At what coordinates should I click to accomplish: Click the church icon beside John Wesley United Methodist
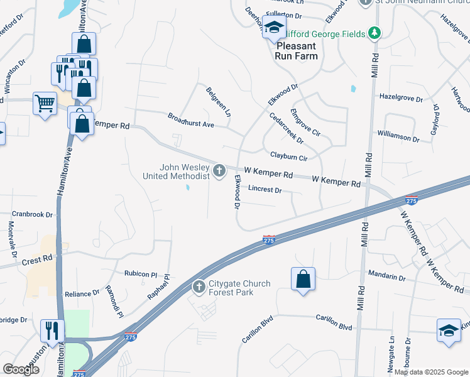coord(219,170)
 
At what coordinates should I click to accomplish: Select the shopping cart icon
coord(44,102)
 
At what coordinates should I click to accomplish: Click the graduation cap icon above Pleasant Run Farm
coord(274,28)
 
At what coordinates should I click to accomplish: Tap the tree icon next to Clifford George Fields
coord(374,33)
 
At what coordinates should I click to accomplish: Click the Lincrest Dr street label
coord(265,188)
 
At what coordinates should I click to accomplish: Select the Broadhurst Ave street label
coord(191,120)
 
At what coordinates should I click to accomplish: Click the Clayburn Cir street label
coord(288,156)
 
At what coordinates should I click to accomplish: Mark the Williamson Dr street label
coord(398,136)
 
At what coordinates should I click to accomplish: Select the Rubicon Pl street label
coord(140,274)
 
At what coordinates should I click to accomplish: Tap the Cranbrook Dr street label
coord(32,214)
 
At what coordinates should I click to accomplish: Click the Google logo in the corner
coord(21,369)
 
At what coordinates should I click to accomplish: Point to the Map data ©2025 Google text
coord(430,372)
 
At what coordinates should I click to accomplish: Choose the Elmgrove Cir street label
coord(305,123)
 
